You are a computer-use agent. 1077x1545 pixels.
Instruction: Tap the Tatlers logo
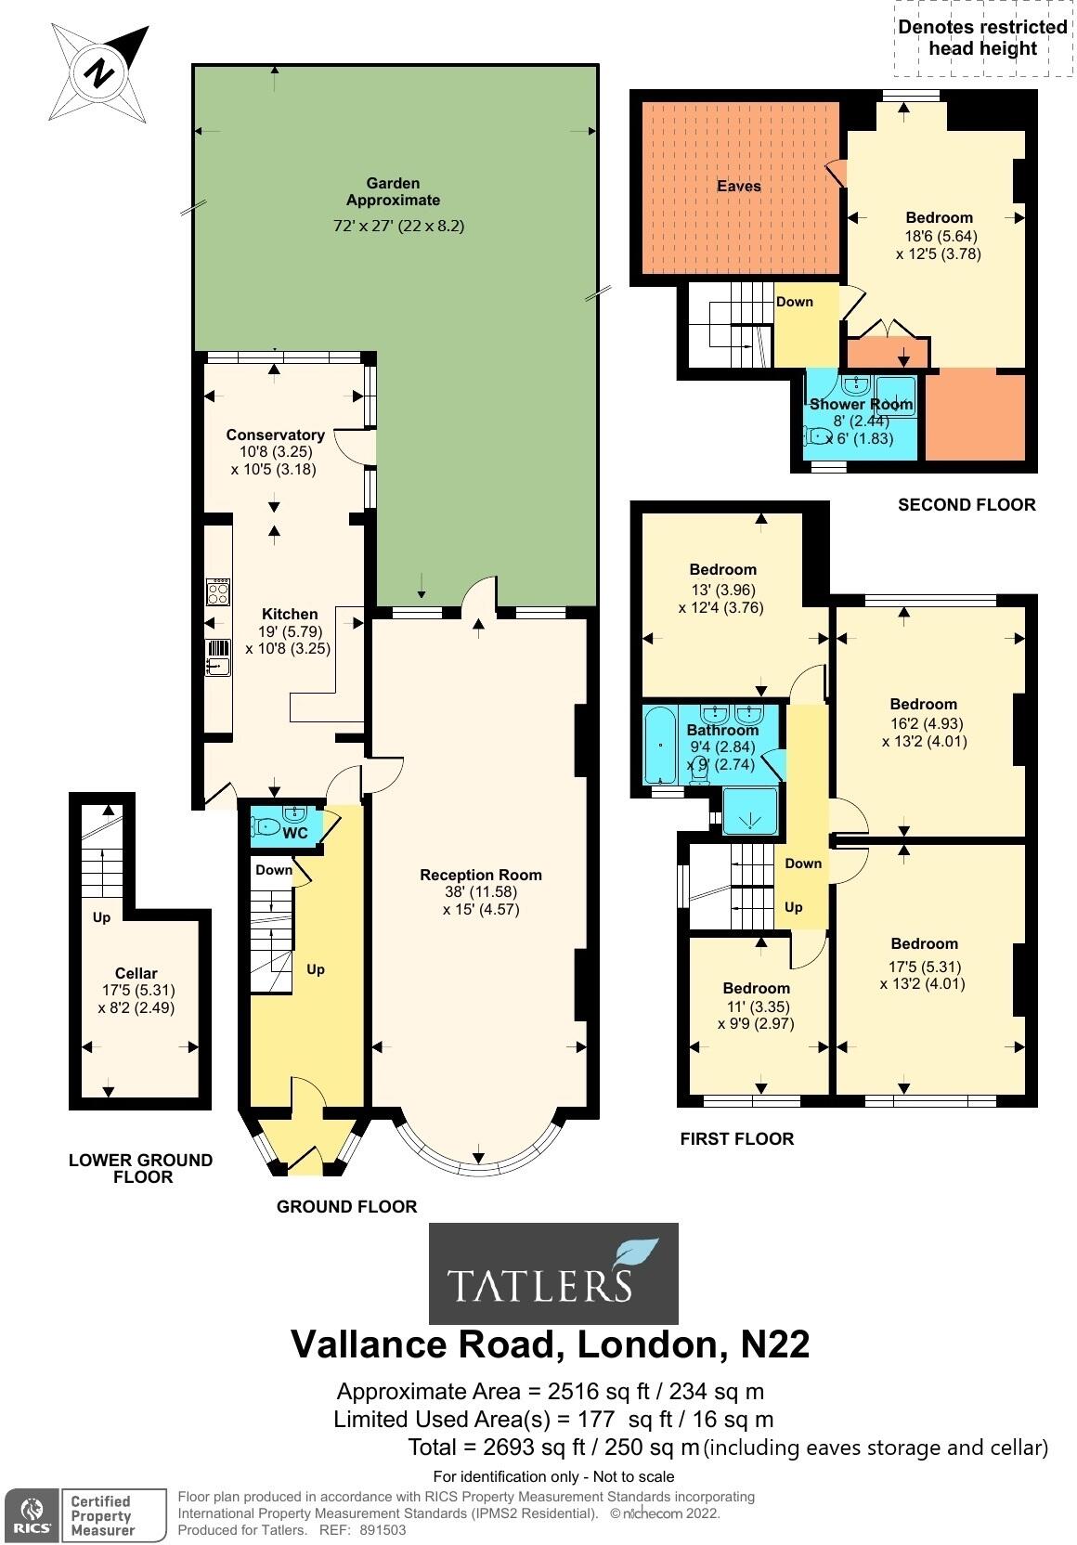pos(553,1273)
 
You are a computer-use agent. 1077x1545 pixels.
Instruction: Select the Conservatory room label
pos(275,435)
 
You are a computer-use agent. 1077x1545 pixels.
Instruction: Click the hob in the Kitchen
pos(218,591)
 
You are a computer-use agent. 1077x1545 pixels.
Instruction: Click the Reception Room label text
pos(480,875)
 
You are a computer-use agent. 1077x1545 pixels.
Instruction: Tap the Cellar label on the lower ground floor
pos(136,974)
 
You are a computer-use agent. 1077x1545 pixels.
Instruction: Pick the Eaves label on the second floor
pos(738,187)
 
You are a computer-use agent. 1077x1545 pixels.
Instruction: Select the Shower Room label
pos(861,405)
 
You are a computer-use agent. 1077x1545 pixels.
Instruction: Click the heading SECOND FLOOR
pos(967,505)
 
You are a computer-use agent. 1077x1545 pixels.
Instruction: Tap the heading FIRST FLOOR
pos(736,1139)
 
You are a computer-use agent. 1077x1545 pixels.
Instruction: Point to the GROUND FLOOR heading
pos(346,1207)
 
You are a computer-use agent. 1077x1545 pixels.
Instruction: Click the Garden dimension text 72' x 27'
pos(398,226)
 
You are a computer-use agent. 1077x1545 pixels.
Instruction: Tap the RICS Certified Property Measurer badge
pos(72,1514)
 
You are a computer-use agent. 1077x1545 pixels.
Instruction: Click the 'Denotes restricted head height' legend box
pos(981,39)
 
